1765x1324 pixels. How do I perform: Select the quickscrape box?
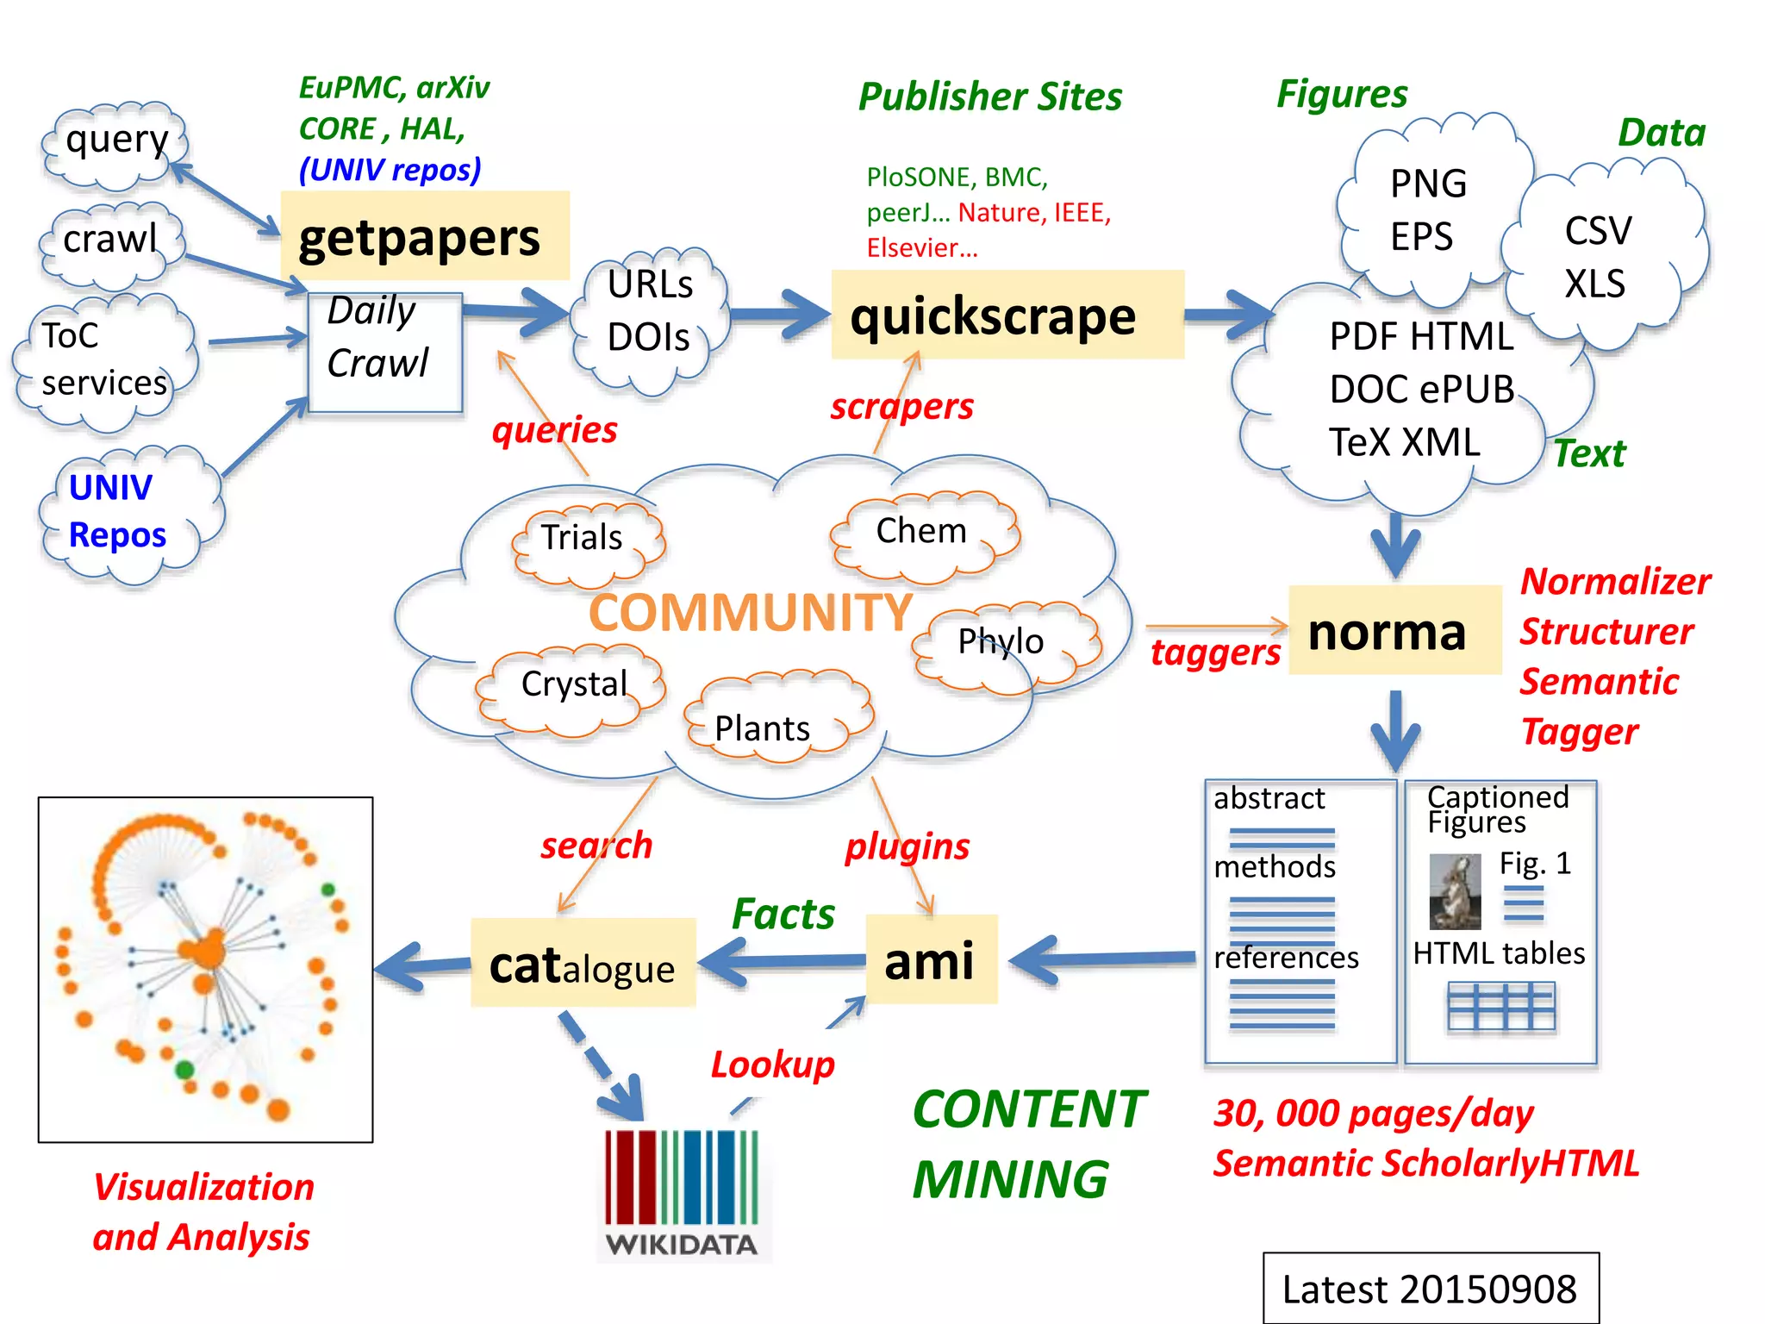[1007, 315]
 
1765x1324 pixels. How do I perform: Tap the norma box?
[1394, 631]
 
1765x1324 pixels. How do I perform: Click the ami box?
[931, 960]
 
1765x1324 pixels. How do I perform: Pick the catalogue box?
[583, 964]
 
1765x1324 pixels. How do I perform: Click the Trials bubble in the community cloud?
[586, 540]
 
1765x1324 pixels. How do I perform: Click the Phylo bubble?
[1005, 645]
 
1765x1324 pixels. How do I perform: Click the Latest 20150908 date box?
[1430, 1288]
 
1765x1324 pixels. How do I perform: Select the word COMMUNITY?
[750, 612]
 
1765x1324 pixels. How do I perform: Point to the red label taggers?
[1215, 653]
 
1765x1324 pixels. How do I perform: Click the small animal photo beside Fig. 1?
[1454, 891]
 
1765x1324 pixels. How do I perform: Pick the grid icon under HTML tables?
[1500, 1007]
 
